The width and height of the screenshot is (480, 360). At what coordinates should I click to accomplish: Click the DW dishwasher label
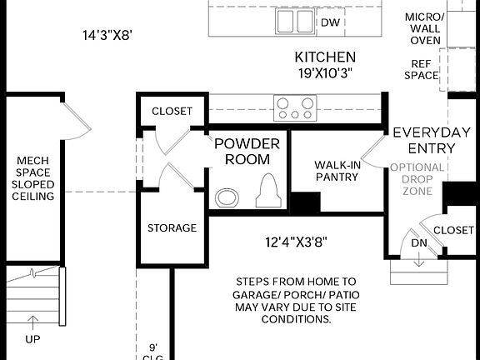[x=330, y=22]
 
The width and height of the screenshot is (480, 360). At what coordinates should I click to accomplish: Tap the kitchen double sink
[x=295, y=21]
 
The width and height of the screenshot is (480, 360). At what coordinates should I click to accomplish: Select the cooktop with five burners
[x=295, y=107]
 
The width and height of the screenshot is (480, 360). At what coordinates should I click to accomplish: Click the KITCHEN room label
[x=325, y=57]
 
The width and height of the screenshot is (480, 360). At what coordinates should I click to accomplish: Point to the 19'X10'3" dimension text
[x=325, y=73]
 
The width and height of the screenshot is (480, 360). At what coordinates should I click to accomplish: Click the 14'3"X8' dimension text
[x=107, y=35]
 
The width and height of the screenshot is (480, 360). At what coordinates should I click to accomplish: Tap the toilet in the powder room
[x=268, y=190]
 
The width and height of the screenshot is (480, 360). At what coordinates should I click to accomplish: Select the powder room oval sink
[x=227, y=197]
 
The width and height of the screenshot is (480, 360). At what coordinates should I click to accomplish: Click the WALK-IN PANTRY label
[x=337, y=171]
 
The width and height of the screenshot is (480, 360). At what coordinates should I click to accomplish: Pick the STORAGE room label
[x=172, y=227]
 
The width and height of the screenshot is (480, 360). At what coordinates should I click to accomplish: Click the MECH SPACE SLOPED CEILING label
[x=33, y=178]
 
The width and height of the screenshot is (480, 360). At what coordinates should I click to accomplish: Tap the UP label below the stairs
[x=32, y=339]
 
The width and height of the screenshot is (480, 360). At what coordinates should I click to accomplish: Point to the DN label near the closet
[x=419, y=242]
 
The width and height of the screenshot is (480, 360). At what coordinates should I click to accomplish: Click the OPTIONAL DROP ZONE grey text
[x=417, y=179]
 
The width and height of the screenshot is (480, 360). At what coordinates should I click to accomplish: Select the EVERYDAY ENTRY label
[x=432, y=141]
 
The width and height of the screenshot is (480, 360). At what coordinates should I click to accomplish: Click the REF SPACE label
[x=421, y=70]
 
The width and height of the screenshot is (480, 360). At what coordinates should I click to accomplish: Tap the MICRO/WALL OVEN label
[x=425, y=28]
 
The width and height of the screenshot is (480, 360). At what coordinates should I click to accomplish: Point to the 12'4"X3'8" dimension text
[x=296, y=242]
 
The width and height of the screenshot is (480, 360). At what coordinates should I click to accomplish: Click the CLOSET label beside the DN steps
[x=453, y=230]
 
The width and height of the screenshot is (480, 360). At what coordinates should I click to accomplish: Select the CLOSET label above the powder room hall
[x=172, y=111]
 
